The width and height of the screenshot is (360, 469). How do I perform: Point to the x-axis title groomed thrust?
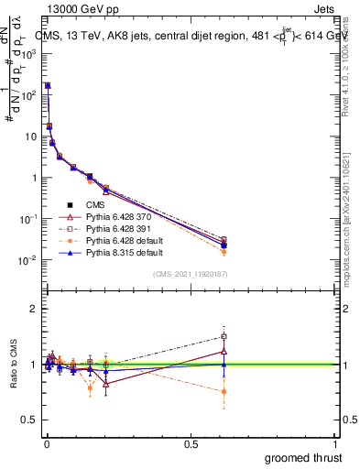point(303,457)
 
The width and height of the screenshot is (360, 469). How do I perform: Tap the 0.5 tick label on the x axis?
point(191,444)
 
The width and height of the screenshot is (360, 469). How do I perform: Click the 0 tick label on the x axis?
point(46,444)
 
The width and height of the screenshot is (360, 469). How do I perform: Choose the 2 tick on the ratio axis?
point(33,309)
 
